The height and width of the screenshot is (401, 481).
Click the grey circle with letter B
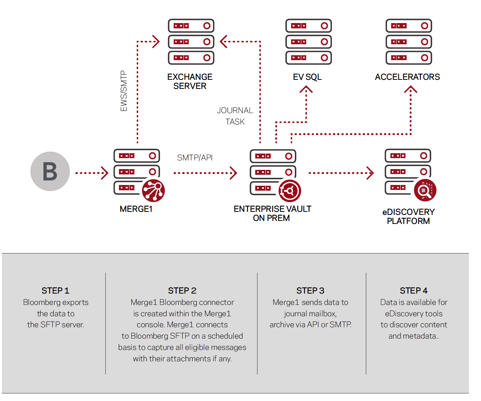pos(50,171)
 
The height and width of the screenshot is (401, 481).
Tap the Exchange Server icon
pos(191,42)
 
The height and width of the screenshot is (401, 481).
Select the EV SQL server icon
pos(308,42)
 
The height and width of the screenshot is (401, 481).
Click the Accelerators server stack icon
pos(409,42)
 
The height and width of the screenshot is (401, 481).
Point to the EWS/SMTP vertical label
pos(124,91)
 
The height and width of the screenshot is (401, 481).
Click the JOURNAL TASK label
pos(235,116)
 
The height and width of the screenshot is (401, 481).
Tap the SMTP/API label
pos(195,158)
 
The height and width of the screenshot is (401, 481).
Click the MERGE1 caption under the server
pos(136,209)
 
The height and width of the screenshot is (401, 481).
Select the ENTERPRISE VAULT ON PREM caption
pos(272,213)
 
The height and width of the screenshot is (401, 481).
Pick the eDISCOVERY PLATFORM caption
pos(409,216)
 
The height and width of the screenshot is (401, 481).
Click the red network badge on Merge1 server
pos(153,191)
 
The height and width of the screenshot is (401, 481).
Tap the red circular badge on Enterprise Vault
pos(290,191)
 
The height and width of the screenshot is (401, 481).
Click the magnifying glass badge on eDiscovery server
pos(425,190)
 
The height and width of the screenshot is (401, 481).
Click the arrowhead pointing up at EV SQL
pos(306,89)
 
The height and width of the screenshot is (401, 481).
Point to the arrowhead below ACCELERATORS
pos(410,89)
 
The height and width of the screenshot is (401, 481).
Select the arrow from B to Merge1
pos(92,173)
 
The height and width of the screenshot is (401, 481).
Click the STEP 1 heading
pos(55,291)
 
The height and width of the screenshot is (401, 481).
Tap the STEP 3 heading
pos(310,291)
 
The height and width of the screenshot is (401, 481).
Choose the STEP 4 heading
pos(414,291)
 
